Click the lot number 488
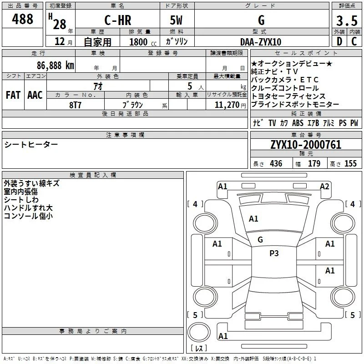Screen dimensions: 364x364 (22, 19)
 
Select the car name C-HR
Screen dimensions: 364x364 (118, 20)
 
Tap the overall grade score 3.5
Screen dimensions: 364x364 (347, 20)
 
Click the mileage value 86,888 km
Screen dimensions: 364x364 (55, 66)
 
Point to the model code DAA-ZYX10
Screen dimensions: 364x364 (261, 42)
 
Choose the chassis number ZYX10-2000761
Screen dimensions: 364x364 (306, 145)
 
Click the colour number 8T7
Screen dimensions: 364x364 (75, 105)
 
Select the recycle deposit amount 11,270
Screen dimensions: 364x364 (227, 105)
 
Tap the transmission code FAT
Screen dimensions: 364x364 (13, 95)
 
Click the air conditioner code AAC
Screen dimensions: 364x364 (35, 95)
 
